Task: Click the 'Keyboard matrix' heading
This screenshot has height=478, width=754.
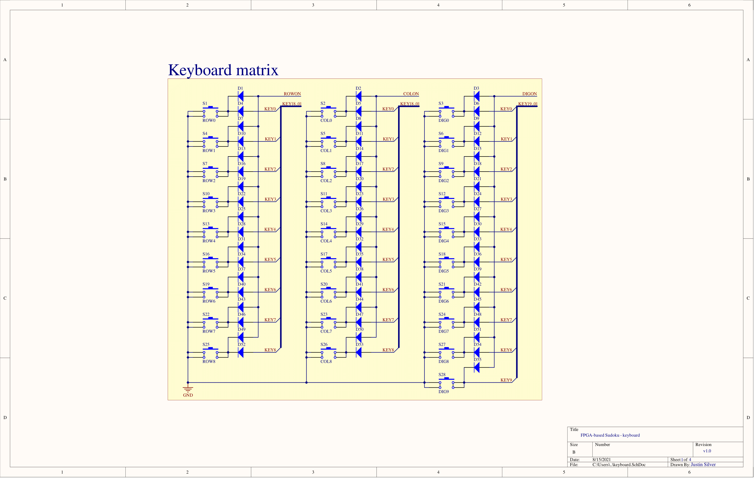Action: [223, 70]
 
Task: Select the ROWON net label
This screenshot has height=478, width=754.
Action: [292, 94]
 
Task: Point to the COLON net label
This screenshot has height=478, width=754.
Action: [411, 94]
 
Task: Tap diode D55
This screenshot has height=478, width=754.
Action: [477, 367]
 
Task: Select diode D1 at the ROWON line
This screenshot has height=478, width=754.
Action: [241, 96]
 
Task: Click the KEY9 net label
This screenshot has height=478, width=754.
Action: [506, 380]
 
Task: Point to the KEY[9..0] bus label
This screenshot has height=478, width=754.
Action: [528, 104]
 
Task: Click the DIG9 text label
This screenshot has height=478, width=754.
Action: [443, 391]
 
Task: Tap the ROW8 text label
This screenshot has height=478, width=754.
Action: [209, 362]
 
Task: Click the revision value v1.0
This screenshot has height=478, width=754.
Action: [707, 451]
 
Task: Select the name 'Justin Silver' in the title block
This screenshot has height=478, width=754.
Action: [703, 464]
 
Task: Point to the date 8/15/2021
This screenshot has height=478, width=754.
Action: [601, 459]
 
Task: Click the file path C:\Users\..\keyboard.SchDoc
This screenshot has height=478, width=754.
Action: [619, 464]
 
